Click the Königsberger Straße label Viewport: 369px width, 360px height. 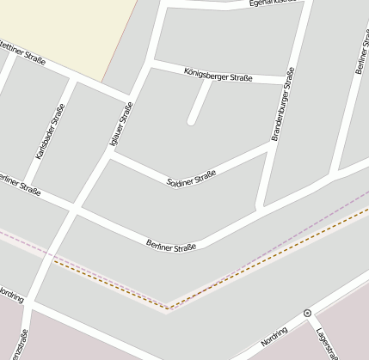[218, 75]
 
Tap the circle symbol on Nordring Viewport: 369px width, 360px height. [307, 314]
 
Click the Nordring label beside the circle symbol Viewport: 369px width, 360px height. [280, 335]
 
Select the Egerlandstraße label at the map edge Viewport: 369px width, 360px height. [277, 3]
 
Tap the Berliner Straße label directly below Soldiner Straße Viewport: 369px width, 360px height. [171, 244]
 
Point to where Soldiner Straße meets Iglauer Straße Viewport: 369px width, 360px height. [111, 156]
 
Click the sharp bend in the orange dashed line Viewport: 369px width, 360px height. [169, 306]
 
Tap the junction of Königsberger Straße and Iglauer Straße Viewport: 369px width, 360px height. [151, 64]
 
